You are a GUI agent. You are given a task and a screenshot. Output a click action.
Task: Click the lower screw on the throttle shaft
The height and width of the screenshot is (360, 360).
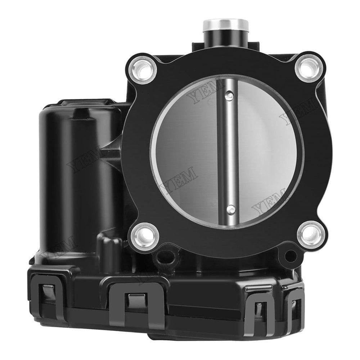[231, 209]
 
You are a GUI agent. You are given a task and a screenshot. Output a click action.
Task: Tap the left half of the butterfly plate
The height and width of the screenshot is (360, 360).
[186, 152]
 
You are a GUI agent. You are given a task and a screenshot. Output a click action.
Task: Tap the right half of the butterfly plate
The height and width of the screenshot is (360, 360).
[269, 152]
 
